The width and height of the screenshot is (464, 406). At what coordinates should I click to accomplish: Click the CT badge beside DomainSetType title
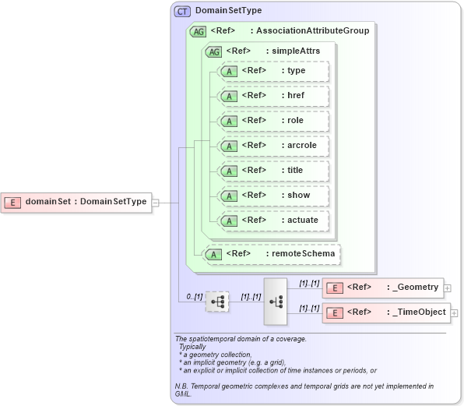(182, 11)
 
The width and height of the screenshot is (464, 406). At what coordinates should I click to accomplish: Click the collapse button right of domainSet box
(156, 203)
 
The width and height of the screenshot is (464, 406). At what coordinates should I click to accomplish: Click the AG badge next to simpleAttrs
(213, 51)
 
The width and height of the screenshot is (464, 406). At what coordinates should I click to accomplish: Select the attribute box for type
(273, 71)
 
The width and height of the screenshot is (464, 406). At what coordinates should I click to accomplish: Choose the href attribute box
(273, 96)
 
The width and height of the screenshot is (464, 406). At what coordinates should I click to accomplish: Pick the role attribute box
(273, 121)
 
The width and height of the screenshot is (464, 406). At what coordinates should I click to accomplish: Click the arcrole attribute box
(273, 146)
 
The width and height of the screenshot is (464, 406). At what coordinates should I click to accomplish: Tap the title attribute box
(273, 171)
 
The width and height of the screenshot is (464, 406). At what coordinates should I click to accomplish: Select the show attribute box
(273, 196)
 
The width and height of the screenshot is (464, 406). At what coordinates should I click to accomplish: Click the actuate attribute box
(273, 221)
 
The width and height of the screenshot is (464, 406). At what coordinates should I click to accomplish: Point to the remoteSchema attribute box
(272, 254)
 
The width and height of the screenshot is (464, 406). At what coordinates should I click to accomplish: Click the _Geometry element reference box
(382, 288)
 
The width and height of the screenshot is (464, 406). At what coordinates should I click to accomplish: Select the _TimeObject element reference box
(386, 312)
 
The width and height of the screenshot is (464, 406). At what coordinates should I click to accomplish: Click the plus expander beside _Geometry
(447, 288)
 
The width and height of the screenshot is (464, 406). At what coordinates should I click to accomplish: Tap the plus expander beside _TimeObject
(454, 313)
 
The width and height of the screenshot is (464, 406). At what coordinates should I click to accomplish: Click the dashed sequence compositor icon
(217, 301)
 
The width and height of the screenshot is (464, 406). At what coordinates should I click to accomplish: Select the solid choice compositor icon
(276, 301)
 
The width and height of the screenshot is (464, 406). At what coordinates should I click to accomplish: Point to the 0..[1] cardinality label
(194, 297)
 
